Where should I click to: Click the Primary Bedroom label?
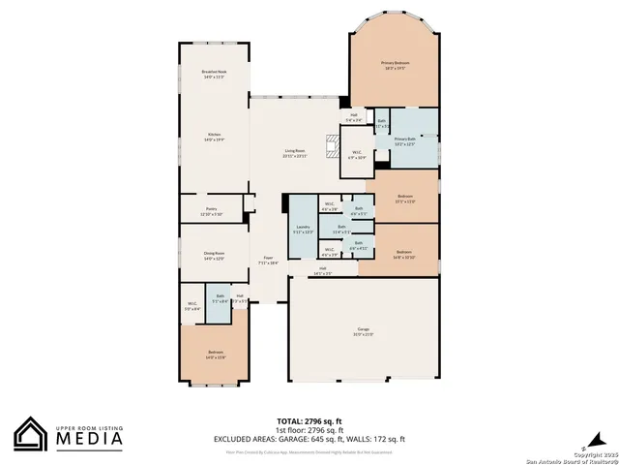click(394, 65)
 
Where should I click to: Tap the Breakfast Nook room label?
click(214, 75)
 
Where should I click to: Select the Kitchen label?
click(214, 138)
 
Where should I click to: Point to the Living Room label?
click(295, 153)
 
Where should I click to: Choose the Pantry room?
click(211, 211)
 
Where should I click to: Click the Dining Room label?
click(214, 257)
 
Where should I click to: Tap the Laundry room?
click(303, 230)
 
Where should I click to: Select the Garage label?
click(363, 332)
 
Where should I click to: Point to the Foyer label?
click(268, 260)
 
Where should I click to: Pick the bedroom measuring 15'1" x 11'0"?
click(405, 199)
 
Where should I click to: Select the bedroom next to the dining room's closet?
click(215, 354)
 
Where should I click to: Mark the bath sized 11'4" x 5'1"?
click(340, 231)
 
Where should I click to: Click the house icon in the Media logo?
click(32, 435)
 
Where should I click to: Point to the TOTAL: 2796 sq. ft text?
click(309, 421)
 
